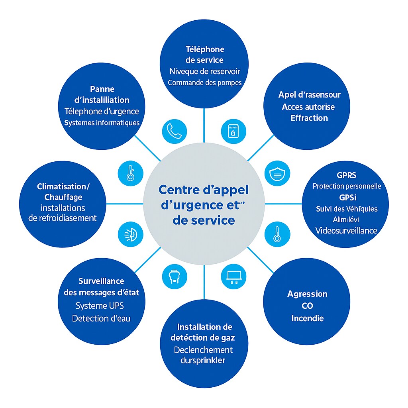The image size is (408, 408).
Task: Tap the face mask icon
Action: pyautogui.click(x=277, y=174)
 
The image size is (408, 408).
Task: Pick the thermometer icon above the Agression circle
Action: pyautogui.click(x=277, y=234)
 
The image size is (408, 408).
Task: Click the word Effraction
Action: pyautogui.click(x=309, y=118)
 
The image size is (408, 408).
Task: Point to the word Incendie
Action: pyautogui.click(x=308, y=318)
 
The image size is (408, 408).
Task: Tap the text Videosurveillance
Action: pyautogui.click(x=346, y=231)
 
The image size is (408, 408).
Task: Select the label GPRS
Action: pyautogui.click(x=346, y=175)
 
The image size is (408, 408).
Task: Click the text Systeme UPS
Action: pyautogui.click(x=100, y=306)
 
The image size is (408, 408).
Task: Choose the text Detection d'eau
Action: pyautogui.click(x=101, y=318)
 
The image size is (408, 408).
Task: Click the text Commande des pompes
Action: pyautogui.click(x=204, y=83)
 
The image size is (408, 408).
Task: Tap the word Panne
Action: pyautogui.click(x=102, y=89)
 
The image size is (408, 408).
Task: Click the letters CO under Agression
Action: pyautogui.click(x=307, y=306)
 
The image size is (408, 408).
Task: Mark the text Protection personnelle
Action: pyautogui.click(x=347, y=186)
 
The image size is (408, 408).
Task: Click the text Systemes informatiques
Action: pyautogui.click(x=102, y=123)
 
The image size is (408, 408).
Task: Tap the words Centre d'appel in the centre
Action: pyautogui.click(x=203, y=190)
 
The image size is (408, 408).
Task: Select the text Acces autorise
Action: pyautogui.click(x=308, y=107)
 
